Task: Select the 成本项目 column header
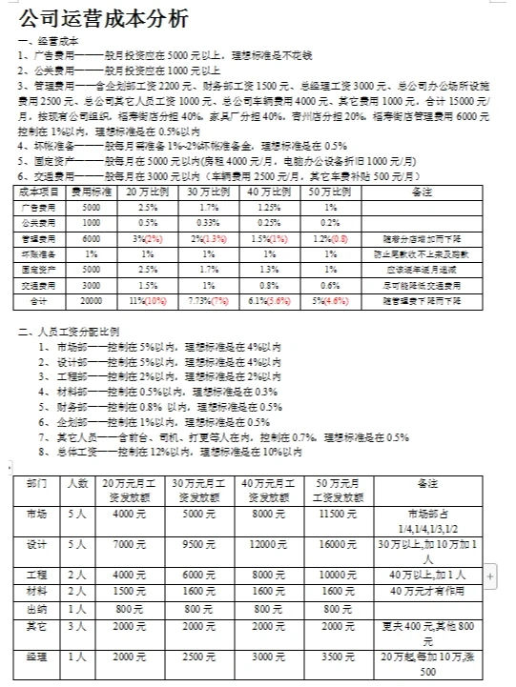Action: pos(39,192)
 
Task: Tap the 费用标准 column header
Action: pos(91,192)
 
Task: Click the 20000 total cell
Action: pos(91,301)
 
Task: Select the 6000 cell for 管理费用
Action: pos(91,238)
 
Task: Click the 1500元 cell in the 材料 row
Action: pos(129,591)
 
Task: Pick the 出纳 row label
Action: pos(37,608)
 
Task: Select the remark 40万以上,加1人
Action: pos(426,575)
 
